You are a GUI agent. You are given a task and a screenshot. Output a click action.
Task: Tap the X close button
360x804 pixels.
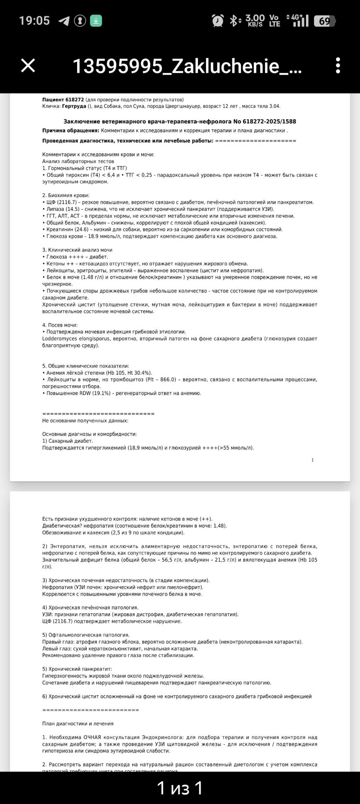point(28,65)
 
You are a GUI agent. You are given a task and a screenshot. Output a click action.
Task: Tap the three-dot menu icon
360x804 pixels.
point(338,65)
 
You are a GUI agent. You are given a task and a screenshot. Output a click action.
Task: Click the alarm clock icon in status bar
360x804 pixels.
point(218,21)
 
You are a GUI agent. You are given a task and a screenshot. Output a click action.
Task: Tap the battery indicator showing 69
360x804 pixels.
point(325,21)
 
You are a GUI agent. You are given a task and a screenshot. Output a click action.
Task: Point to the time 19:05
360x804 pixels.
point(34,21)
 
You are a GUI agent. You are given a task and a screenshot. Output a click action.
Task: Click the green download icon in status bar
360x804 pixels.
point(96,21)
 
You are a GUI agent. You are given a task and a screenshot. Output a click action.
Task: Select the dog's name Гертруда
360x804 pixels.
point(74,106)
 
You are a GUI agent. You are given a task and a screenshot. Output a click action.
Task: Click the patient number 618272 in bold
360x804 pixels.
point(75,100)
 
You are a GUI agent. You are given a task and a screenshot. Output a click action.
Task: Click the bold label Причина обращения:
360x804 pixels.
point(71,131)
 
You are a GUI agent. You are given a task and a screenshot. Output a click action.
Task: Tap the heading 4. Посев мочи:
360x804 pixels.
point(60,325)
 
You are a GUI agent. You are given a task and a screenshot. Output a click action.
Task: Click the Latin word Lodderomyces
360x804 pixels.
point(59,339)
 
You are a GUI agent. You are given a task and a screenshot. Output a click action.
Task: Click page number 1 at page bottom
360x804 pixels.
point(313,460)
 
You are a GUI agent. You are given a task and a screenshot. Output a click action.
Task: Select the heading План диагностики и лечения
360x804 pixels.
point(78,724)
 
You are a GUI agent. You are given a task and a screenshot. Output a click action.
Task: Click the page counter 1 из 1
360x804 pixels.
point(180,788)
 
